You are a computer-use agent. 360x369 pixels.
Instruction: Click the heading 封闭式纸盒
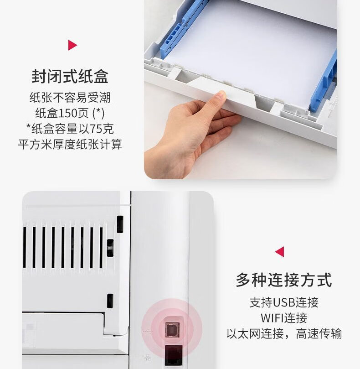tap(70, 76)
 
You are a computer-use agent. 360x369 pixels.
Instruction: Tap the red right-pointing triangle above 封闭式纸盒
tap(72, 45)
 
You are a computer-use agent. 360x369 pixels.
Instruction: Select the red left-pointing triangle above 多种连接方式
tap(280, 252)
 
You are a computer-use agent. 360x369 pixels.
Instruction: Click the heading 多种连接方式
tap(284, 280)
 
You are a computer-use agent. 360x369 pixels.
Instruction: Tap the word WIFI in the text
tap(273, 318)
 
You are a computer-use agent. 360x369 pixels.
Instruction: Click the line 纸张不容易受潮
tap(70, 98)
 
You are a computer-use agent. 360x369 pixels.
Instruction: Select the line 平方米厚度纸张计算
tap(70, 144)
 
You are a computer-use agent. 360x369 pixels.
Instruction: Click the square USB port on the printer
tap(172, 330)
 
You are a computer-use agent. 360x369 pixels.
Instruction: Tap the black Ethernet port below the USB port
tap(174, 355)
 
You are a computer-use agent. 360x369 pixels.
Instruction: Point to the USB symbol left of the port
tap(147, 331)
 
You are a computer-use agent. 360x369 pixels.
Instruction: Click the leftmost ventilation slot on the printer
tap(25, 247)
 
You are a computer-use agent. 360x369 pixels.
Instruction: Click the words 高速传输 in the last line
tap(319, 334)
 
